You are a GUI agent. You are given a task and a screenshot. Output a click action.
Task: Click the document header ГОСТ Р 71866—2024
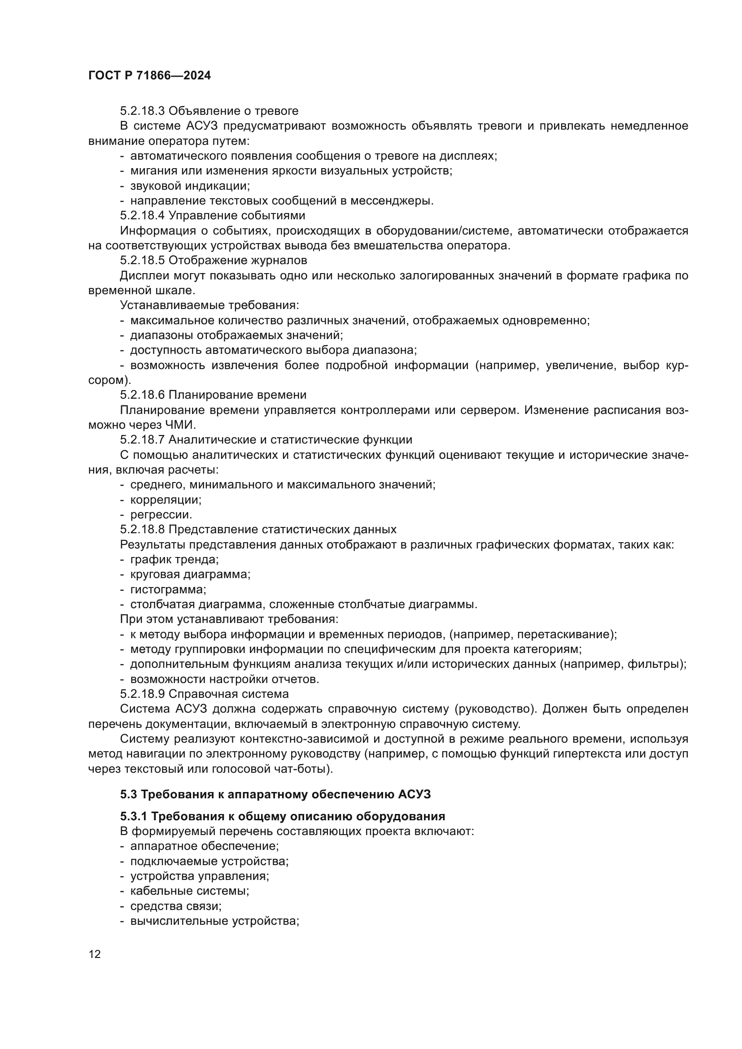pos(149,76)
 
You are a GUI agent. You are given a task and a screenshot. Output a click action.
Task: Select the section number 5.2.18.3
pos(143,111)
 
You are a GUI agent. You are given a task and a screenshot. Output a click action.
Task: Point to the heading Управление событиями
pos(237,215)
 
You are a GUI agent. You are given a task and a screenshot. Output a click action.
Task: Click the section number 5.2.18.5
pos(143,261)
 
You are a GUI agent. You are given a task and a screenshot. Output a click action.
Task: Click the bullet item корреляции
pos(166,500)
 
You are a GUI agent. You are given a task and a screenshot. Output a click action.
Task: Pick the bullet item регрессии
pos(161,514)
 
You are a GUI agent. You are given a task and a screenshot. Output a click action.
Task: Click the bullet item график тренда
pos(174,560)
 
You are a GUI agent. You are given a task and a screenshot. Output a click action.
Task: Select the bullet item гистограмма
pos(168,589)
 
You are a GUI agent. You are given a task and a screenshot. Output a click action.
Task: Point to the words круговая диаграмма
pos(190,575)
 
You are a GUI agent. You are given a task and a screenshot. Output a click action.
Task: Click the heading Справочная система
pos(228,694)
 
